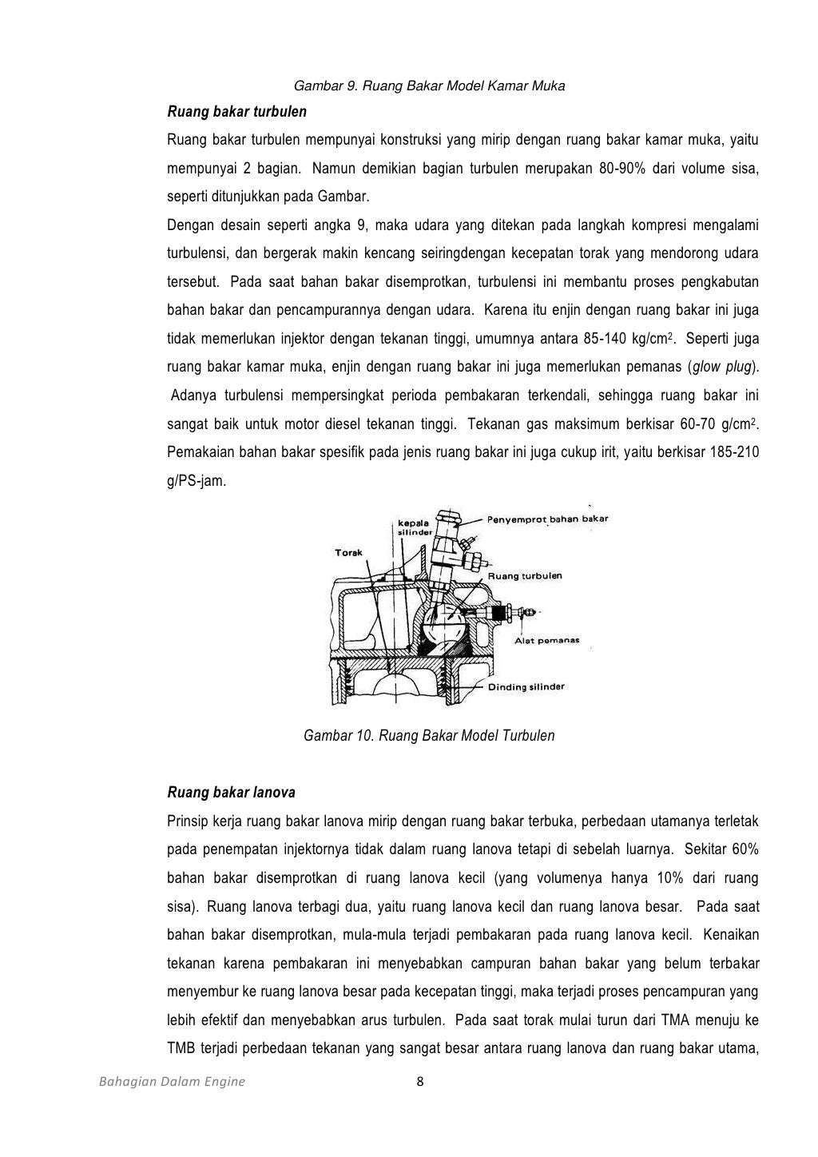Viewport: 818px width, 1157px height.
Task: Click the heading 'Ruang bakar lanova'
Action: coord(231,793)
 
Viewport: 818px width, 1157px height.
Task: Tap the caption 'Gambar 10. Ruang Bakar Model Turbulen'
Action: coord(429,735)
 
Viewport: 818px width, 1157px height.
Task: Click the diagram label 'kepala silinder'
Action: coord(415,527)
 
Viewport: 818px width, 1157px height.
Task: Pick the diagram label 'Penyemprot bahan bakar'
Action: coord(548,519)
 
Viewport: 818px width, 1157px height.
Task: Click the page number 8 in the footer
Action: coord(420,1083)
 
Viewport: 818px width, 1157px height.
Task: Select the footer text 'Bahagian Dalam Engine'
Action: coord(172,1083)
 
